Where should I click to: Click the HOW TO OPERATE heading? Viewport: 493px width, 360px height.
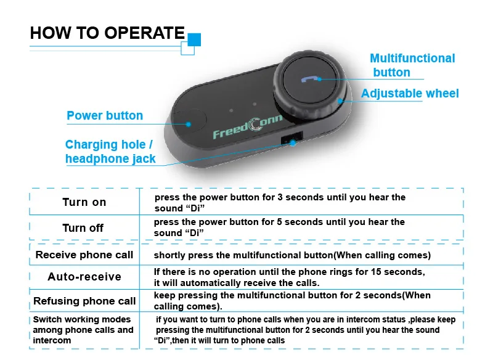click(107, 33)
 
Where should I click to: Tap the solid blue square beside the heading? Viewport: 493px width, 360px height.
click(194, 39)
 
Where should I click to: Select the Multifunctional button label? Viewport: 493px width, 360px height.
click(412, 65)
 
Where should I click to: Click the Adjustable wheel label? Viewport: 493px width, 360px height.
click(410, 93)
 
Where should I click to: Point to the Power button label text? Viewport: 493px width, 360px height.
click(105, 115)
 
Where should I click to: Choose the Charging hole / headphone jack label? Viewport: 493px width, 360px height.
click(110, 152)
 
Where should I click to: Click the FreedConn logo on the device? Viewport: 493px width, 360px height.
click(248, 126)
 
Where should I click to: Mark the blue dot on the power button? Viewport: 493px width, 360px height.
click(189, 124)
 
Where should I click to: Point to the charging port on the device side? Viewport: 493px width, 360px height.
click(291, 138)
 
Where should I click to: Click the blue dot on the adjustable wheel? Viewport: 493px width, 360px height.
click(340, 101)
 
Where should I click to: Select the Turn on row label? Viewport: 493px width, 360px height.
click(84, 202)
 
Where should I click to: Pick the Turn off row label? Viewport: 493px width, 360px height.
click(83, 228)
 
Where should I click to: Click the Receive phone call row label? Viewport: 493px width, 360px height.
click(84, 255)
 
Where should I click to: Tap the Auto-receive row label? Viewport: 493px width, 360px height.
click(84, 277)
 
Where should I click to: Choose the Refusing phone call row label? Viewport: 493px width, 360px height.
click(84, 301)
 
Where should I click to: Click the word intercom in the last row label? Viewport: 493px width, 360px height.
click(52, 340)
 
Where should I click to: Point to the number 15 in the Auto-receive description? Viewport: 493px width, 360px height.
click(376, 272)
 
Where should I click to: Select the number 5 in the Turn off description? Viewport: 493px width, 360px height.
click(279, 222)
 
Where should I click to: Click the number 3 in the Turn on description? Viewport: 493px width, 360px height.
click(280, 197)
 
